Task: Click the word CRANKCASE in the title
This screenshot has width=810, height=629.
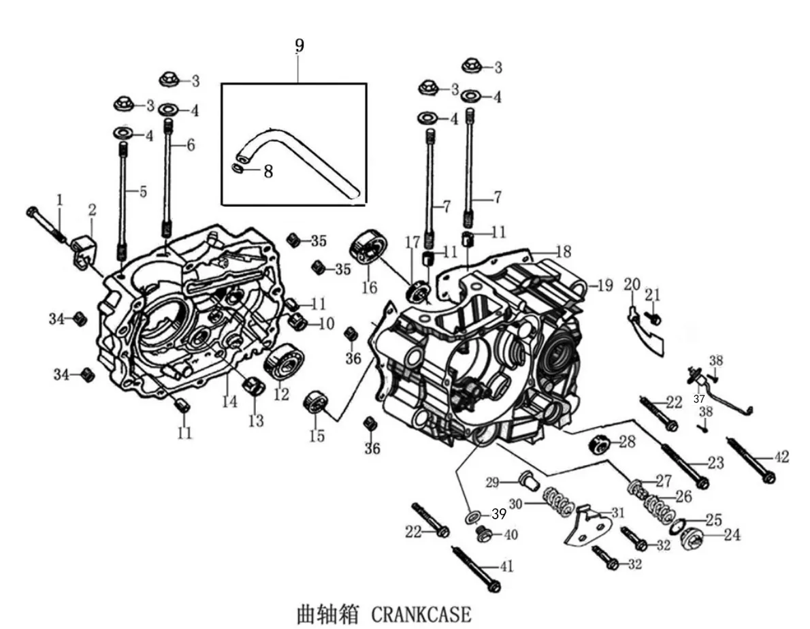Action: pyautogui.click(x=421, y=615)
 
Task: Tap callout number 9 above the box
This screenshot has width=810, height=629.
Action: pyautogui.click(x=299, y=46)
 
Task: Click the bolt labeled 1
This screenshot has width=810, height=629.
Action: pyautogui.click(x=46, y=225)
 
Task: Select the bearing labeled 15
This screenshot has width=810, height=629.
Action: pyautogui.click(x=315, y=401)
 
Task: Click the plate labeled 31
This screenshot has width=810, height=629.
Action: pyautogui.click(x=588, y=526)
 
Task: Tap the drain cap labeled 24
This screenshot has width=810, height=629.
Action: pyautogui.click(x=693, y=541)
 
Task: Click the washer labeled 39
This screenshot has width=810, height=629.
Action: pyautogui.click(x=474, y=516)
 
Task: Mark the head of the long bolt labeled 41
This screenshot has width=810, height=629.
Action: pyautogui.click(x=493, y=587)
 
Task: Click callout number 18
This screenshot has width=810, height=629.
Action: pyautogui.click(x=562, y=252)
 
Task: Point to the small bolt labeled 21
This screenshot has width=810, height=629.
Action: pyautogui.click(x=654, y=318)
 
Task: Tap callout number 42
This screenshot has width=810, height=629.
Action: pyautogui.click(x=781, y=457)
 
